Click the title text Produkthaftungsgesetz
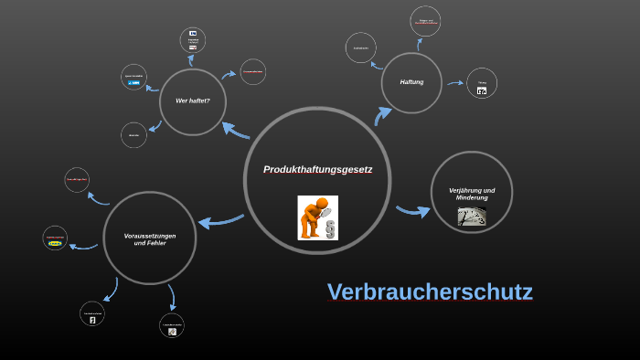click(317, 169)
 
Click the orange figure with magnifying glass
click(311, 218)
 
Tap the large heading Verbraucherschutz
click(430, 292)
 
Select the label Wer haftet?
click(193, 101)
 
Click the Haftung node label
click(411, 82)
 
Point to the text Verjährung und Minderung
click(472, 194)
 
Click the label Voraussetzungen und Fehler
click(150, 239)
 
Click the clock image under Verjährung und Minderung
click(472, 217)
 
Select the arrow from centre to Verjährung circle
click(412, 211)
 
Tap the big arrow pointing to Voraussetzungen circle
click(220, 220)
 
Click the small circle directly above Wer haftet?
click(193, 40)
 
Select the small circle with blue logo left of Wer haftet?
click(134, 78)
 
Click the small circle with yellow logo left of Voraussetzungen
click(55, 238)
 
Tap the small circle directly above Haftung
click(425, 21)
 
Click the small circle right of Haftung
click(482, 83)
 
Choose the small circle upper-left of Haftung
click(361, 48)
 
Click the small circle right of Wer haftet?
click(252, 71)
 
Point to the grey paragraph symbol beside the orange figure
click(330, 226)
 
